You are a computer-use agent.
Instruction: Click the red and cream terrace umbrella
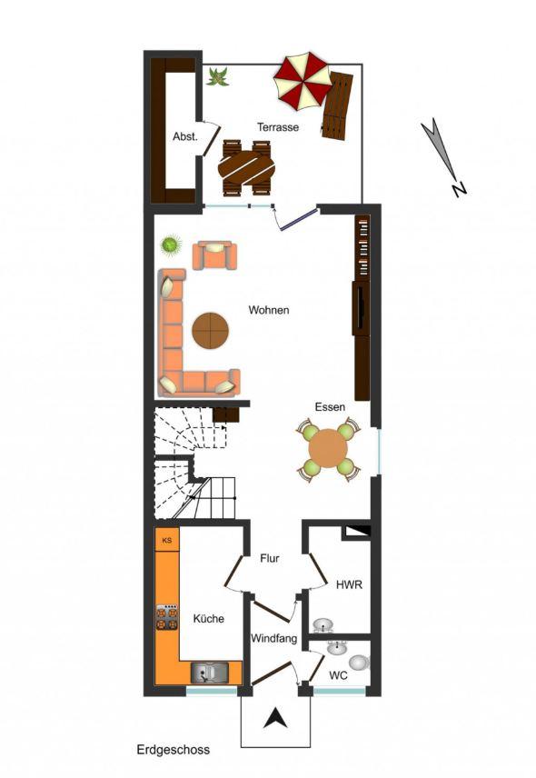pos(303,82)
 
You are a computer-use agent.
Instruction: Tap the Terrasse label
pos(278,127)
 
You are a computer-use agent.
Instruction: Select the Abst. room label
pos(185,136)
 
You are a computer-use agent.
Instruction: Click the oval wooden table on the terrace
pos(246,168)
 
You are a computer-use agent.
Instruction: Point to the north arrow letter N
pos(459,188)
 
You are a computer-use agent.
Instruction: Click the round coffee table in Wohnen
pos(211,330)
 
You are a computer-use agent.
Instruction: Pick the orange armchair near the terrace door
pos(214,255)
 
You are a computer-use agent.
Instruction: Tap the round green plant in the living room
pos(171,245)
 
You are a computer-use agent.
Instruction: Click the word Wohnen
pos(269,310)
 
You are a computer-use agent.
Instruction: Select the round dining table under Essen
pos(327,449)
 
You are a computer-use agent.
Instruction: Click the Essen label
pos(330,407)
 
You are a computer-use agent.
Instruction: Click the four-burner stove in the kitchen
pos(167,617)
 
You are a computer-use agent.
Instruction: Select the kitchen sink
pos(210,673)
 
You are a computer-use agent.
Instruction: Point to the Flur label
pos(270,558)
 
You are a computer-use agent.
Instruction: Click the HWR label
pos(349,584)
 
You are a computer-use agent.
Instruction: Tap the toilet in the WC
pos(360,663)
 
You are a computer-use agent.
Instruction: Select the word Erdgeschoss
pos(173,750)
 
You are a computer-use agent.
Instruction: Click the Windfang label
pos(273,638)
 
